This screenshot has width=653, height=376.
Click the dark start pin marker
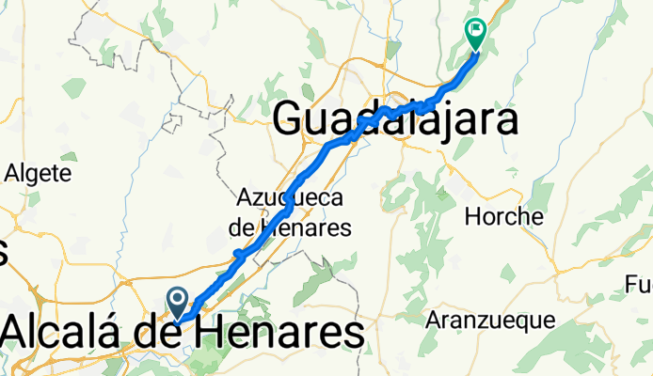178,302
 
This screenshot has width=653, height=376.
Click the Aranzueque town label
490,321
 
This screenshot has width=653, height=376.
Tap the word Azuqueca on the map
290,198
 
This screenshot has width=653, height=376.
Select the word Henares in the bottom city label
282,333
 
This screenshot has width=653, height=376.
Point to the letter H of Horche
473,217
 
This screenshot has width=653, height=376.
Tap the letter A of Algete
11,173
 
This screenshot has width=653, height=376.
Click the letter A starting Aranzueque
433,321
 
